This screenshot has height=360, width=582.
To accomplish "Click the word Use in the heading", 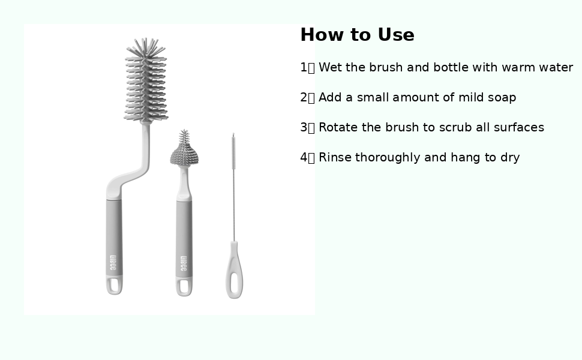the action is (x=395, y=35).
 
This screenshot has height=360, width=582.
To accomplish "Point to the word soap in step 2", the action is (x=502, y=98).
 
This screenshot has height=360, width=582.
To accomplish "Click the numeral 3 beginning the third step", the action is (x=304, y=127).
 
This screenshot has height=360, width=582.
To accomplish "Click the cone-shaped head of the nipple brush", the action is (x=184, y=148).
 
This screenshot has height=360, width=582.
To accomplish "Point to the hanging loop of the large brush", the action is (x=115, y=286).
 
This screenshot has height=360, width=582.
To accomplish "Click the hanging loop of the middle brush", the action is (x=184, y=287).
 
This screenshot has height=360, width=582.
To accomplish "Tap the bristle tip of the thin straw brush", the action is (x=233, y=151).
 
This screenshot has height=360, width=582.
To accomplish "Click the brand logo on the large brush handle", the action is (x=113, y=262).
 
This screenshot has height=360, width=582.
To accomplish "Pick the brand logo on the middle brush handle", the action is (x=184, y=263).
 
